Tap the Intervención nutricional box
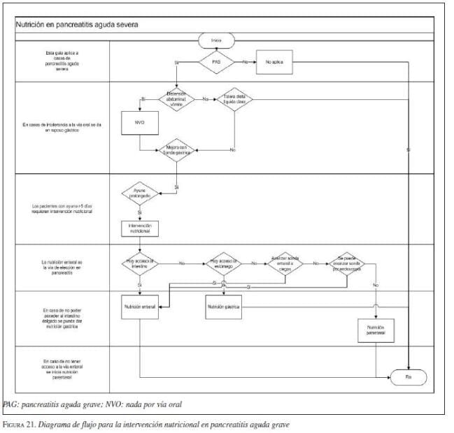140,228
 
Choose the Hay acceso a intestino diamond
141,263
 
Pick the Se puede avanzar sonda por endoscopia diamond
348,263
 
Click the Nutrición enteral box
141,306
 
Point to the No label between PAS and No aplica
245,62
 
